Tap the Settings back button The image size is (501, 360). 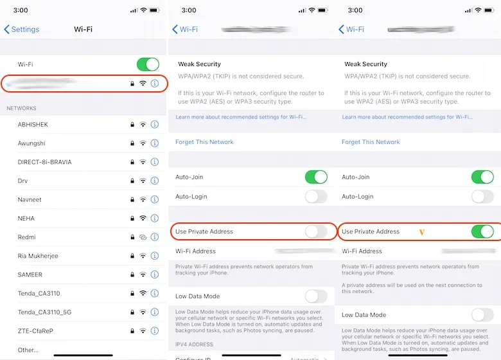[22, 30]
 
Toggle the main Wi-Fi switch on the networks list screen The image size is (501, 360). [148, 64]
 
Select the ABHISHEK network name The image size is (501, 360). [33, 125]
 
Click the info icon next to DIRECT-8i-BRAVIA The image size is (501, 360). [154, 162]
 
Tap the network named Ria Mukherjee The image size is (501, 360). [38, 256]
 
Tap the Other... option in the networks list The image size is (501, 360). [28, 350]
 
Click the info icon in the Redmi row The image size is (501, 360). [154, 237]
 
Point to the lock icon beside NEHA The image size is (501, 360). [132, 219]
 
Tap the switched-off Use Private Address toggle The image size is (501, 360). [315, 231]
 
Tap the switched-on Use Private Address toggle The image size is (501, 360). [482, 231]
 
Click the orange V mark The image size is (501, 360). [422, 232]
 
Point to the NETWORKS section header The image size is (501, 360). [21, 109]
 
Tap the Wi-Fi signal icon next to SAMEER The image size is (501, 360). [143, 274]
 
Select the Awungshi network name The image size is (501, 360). [31, 143]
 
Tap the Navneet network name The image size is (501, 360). [30, 200]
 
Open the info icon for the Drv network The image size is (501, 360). [154, 181]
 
